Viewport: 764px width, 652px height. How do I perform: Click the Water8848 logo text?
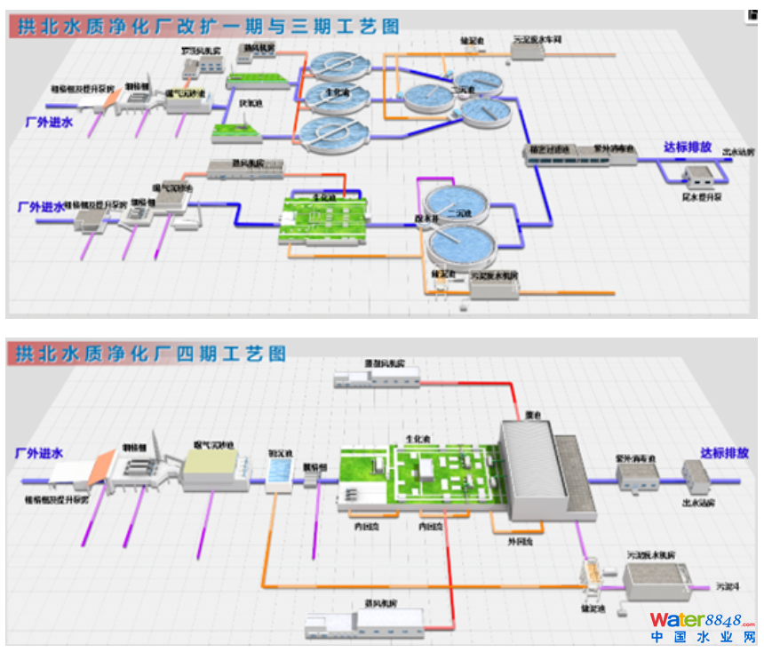702,620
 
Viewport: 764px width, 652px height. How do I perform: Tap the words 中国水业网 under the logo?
702,638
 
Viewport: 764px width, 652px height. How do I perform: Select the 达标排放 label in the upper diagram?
689,147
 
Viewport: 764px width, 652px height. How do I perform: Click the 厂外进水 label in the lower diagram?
40,453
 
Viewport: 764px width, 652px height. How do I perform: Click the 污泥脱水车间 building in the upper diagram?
527,50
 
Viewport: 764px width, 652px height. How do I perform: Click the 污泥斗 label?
729,587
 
